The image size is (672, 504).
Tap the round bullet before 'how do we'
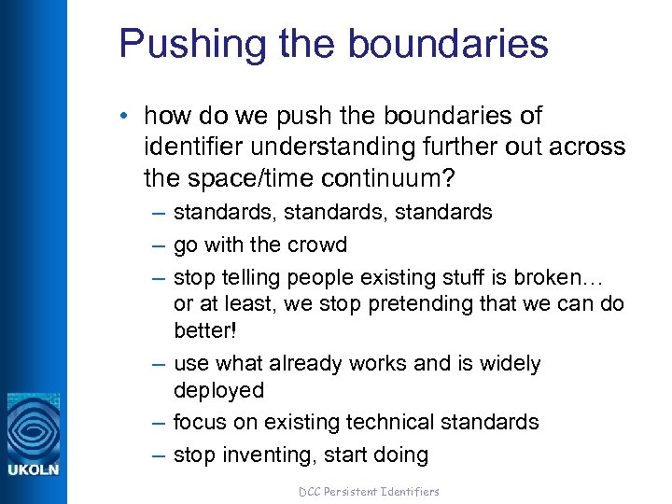(126, 117)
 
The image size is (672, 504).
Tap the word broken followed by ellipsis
(566, 277)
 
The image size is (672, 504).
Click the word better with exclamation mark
(205, 331)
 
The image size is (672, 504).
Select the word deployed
(218, 390)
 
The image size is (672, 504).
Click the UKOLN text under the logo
(34, 469)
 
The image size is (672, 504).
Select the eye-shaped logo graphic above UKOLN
(34, 426)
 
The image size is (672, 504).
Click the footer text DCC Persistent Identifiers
(369, 491)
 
